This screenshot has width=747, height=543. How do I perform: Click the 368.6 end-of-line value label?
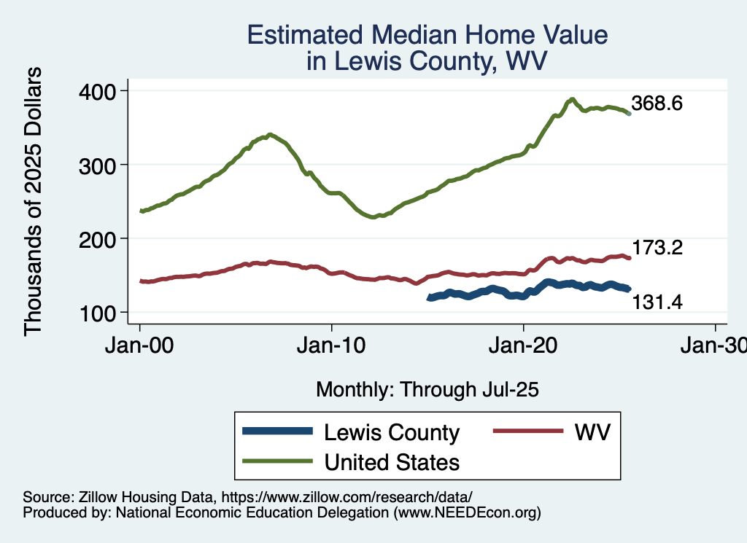pos(657,104)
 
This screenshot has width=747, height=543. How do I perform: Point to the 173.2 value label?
pos(657,249)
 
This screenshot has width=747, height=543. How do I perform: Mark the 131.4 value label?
pos(657,301)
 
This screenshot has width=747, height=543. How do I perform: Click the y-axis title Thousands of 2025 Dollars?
pos(34,201)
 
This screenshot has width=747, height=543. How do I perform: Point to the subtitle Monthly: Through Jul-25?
pos(427,390)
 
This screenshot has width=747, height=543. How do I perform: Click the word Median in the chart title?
pos(418,35)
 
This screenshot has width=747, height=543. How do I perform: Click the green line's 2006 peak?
pos(270,135)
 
